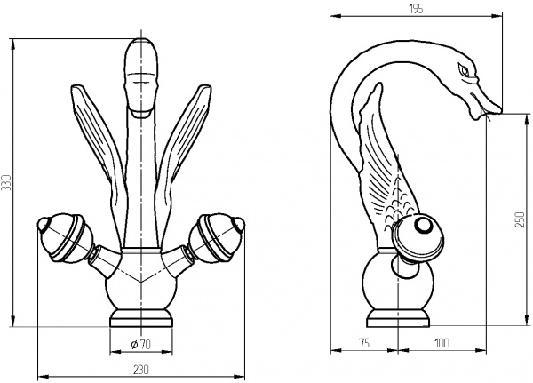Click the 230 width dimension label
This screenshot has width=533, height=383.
[140, 370]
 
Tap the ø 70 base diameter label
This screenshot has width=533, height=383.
[140, 345]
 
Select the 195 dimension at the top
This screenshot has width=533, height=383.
[416, 9]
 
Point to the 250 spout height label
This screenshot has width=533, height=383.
[520, 219]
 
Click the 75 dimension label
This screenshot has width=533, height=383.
[363, 343]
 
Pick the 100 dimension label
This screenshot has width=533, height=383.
[442, 343]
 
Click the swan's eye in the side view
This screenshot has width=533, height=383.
[464, 69]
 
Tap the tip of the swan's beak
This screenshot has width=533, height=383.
[500, 109]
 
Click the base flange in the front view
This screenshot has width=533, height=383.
[141, 318]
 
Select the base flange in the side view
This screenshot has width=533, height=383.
[397, 318]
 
